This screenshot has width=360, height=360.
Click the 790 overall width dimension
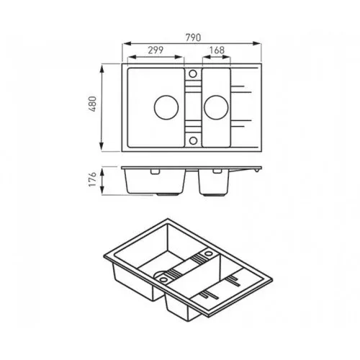click(193, 37)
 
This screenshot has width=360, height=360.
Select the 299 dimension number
click(156, 50)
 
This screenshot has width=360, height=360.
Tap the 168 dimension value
click(217, 50)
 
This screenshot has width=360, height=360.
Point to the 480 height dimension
click(93, 104)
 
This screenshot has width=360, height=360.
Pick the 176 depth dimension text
click(92, 179)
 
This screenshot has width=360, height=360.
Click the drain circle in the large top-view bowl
click(166, 107)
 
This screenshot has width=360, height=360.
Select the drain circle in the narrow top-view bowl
click(216, 107)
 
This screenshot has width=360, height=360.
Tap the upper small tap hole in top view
click(193, 73)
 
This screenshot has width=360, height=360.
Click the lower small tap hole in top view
click(193, 140)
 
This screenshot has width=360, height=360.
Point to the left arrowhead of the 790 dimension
click(127, 43)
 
